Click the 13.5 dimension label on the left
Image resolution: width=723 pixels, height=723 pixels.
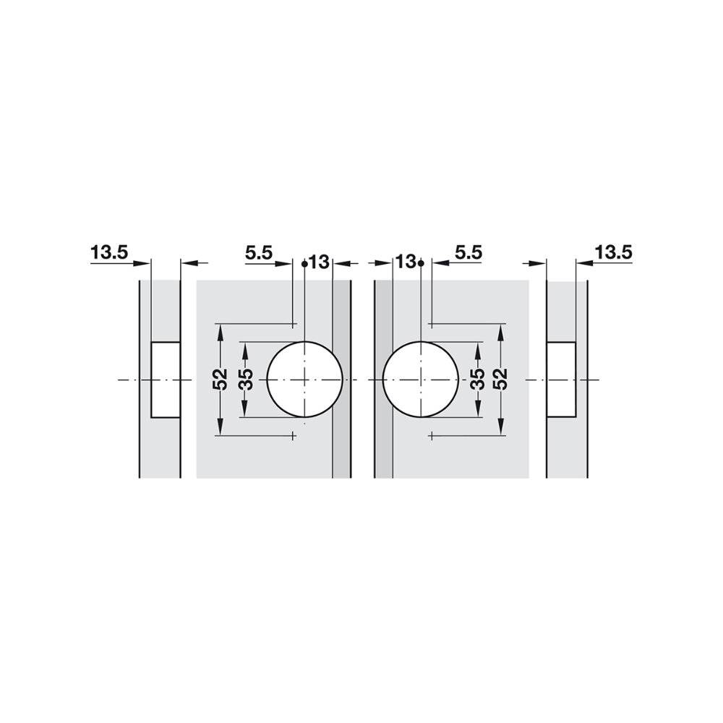pyautogui.click(x=109, y=252)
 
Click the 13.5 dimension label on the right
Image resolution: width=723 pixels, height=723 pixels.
pyautogui.click(x=613, y=252)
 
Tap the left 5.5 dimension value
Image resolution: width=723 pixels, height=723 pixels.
pyautogui.click(x=259, y=252)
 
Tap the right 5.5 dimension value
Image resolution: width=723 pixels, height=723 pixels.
pyautogui.click(x=469, y=252)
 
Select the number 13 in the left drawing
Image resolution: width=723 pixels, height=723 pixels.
pyautogui.click(x=320, y=262)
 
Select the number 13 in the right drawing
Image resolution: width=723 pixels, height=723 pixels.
pyautogui.click(x=406, y=262)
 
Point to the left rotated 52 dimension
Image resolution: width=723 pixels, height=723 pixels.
pyautogui.click(x=222, y=379)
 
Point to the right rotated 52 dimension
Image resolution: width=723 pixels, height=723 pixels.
pyautogui.click(x=501, y=379)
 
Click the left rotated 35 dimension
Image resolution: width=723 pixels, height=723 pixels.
pyautogui.click(x=247, y=379)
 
